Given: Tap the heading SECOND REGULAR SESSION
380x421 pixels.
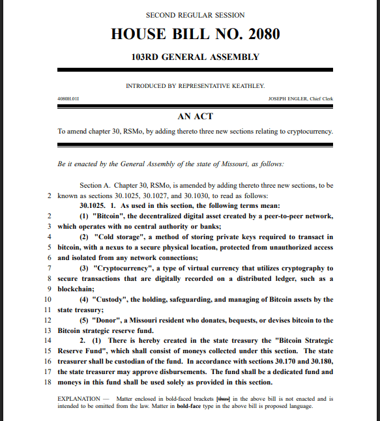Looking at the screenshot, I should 195,14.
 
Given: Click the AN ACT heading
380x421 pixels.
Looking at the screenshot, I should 195,116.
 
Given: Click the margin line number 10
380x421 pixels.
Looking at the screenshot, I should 48,299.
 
